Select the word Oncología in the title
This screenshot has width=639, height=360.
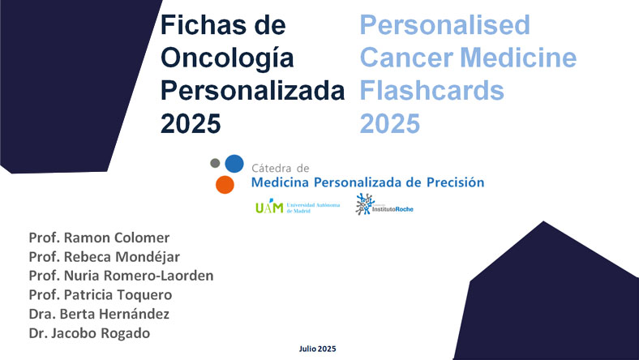coord(224,58)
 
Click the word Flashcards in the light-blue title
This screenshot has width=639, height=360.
coord(431,90)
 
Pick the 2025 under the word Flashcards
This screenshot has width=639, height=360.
coord(390,123)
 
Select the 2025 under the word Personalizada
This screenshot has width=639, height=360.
coord(191,123)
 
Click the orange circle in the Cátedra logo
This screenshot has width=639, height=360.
coord(225,184)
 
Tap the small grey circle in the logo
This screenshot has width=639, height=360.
coord(215,163)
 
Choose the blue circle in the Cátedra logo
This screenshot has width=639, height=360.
coord(234,163)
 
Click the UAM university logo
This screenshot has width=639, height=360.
coord(282,207)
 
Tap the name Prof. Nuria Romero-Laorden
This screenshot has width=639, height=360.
coord(121,276)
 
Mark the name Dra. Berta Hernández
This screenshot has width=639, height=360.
coord(99,313)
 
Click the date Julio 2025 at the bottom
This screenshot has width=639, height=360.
coord(317,348)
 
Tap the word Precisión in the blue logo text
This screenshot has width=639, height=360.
coord(452,182)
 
